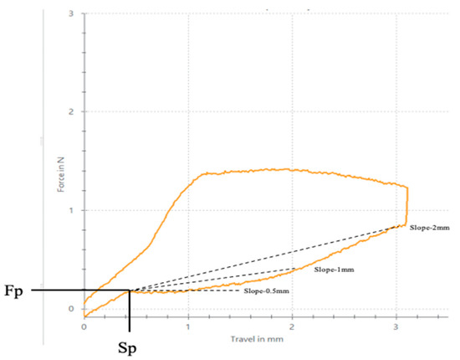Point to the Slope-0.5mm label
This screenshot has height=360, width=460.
point(267,291)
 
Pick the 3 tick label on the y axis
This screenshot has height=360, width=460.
point(72,14)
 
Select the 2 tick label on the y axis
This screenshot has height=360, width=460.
point(72,112)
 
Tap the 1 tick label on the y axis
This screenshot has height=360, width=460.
point(72,210)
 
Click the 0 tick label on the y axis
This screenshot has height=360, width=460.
point(72,308)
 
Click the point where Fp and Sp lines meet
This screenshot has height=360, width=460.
point(130,291)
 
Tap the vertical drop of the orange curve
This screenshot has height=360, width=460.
point(407,205)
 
